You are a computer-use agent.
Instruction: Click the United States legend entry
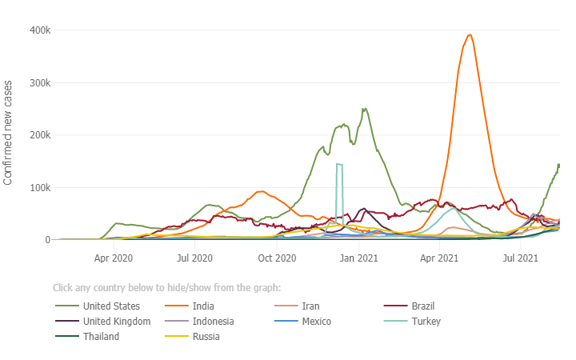click(111, 306)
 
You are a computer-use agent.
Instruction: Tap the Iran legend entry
click(310, 306)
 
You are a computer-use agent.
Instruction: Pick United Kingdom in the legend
click(116, 322)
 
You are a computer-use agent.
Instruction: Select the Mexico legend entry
click(316, 322)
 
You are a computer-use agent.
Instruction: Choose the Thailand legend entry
click(101, 337)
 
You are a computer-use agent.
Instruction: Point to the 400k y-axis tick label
click(41, 30)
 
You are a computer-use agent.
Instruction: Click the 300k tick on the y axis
click(41, 83)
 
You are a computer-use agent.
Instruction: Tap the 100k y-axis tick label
click(41, 188)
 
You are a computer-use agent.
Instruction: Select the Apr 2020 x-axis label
click(114, 258)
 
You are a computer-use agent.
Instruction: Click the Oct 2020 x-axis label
click(277, 258)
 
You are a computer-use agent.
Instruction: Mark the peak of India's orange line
click(470, 35)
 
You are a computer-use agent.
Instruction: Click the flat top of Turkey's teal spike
click(339, 164)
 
